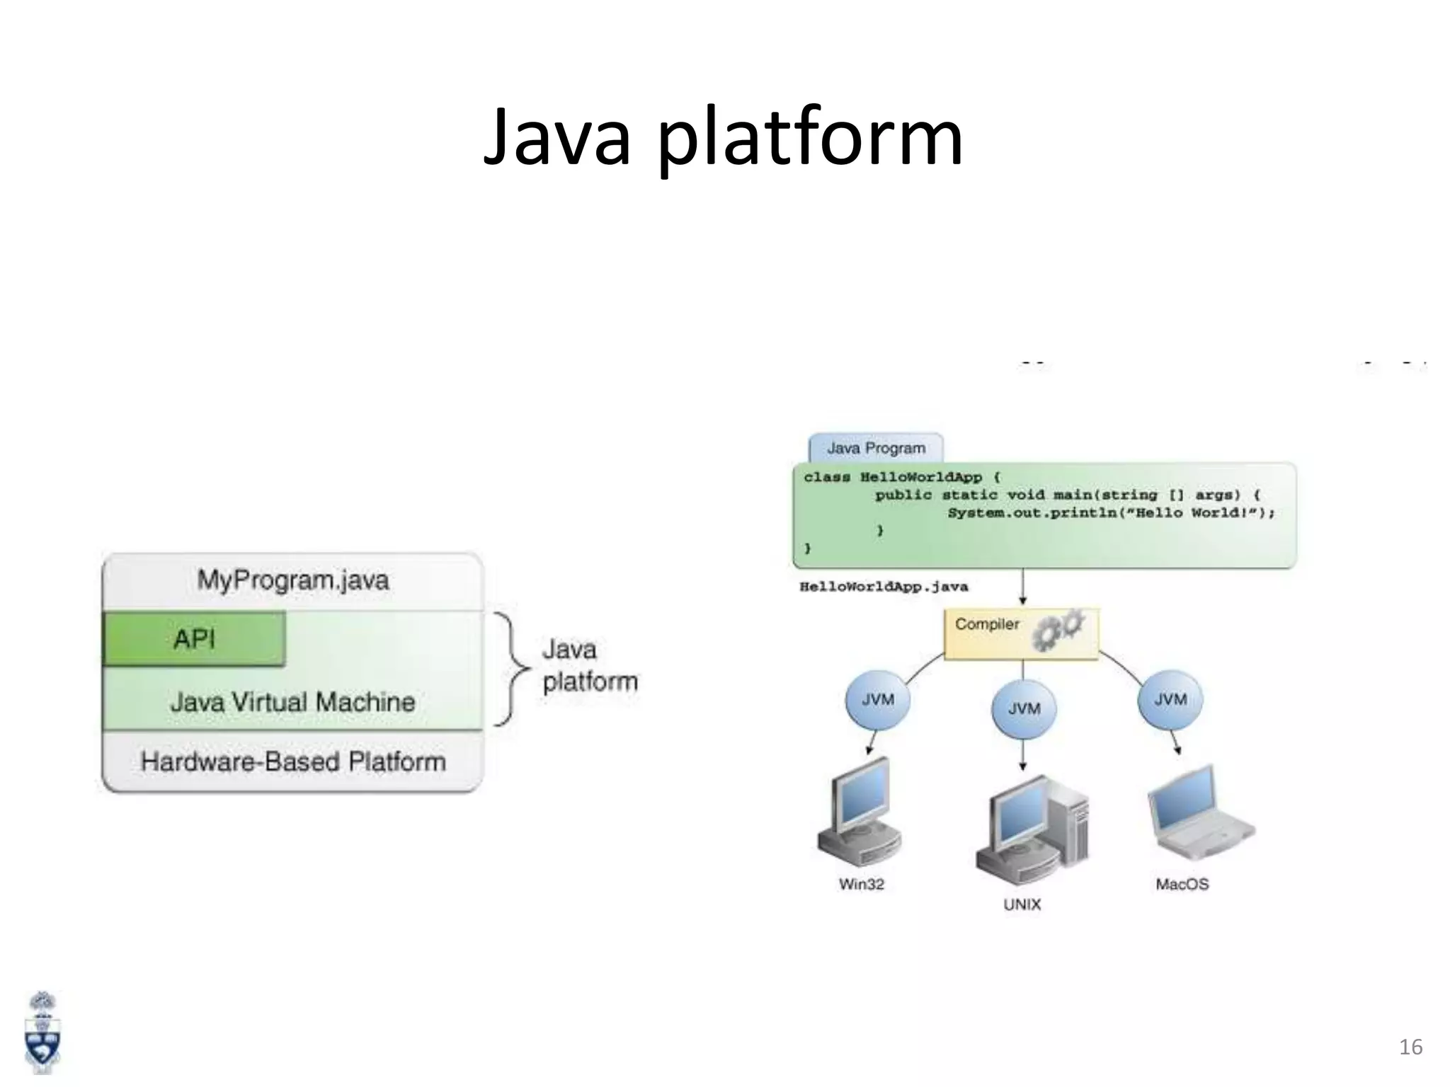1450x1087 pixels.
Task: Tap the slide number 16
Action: point(1410,1047)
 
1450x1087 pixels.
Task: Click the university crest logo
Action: point(42,1033)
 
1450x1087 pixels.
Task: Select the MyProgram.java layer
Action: point(292,580)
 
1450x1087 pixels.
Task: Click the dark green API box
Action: point(194,639)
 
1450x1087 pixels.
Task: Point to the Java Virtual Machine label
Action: point(292,702)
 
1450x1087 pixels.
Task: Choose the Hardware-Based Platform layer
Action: point(292,761)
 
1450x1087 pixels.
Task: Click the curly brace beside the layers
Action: point(511,668)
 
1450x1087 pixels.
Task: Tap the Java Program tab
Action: point(876,448)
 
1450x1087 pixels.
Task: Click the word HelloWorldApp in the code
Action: point(920,477)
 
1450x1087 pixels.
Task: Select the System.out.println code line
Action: point(1110,513)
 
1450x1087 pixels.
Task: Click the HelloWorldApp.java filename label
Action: point(884,587)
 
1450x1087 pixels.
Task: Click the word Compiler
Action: point(987,624)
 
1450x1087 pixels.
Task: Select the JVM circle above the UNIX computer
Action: point(1024,708)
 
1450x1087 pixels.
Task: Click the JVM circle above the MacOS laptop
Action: point(1170,699)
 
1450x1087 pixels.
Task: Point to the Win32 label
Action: point(861,884)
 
